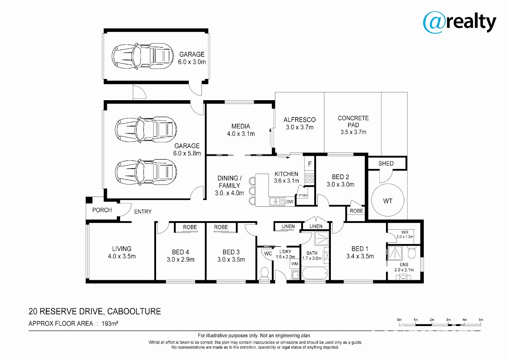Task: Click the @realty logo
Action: (459, 22)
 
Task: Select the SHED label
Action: (386, 163)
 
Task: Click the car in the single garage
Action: (143, 56)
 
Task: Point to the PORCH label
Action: (102, 210)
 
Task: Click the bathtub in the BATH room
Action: (315, 273)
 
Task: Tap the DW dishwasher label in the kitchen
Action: (290, 202)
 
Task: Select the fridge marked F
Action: (310, 164)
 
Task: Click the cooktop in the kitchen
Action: (309, 177)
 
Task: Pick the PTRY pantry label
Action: (303, 196)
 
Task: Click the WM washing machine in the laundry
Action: (295, 264)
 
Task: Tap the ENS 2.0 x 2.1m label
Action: (404, 267)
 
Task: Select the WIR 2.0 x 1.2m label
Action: (405, 234)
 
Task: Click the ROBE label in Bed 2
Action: (356, 211)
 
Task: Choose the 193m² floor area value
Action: (110, 323)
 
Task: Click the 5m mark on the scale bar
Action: (481, 320)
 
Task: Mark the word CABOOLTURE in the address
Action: (134, 311)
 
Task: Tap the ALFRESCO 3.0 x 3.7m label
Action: (299, 124)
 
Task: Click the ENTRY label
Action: (143, 212)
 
